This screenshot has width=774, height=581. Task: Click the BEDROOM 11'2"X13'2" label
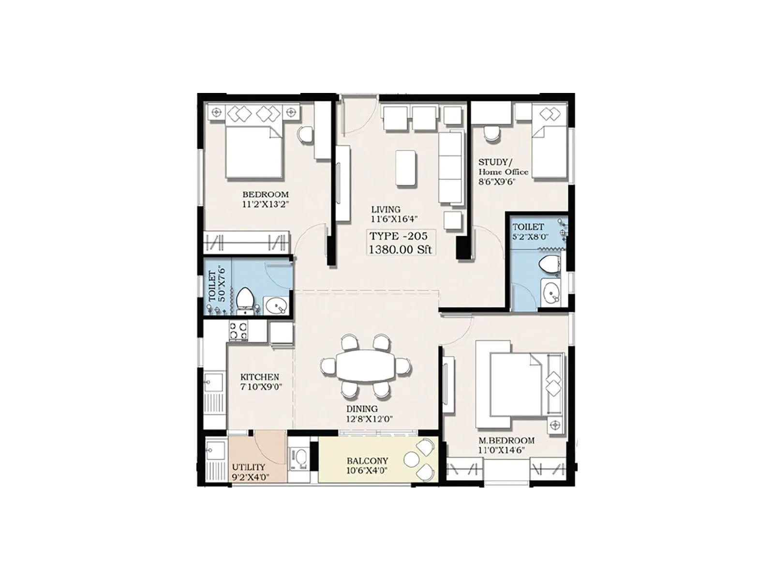(x=265, y=199)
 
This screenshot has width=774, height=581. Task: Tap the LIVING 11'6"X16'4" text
(x=386, y=214)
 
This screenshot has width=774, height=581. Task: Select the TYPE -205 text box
(x=400, y=243)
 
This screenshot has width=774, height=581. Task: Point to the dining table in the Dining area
(x=366, y=366)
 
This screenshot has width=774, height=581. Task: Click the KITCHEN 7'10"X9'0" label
(x=260, y=382)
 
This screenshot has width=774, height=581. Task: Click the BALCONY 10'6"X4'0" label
(x=367, y=465)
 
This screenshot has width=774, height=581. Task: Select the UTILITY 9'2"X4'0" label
(x=250, y=472)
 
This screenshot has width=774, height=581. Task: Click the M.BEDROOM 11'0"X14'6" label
(x=506, y=445)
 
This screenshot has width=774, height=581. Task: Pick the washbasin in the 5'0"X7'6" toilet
(x=277, y=306)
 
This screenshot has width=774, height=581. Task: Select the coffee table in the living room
(x=406, y=168)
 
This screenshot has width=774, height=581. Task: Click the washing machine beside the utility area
(x=300, y=458)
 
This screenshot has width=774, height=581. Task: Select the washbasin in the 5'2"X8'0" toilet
(x=551, y=292)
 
